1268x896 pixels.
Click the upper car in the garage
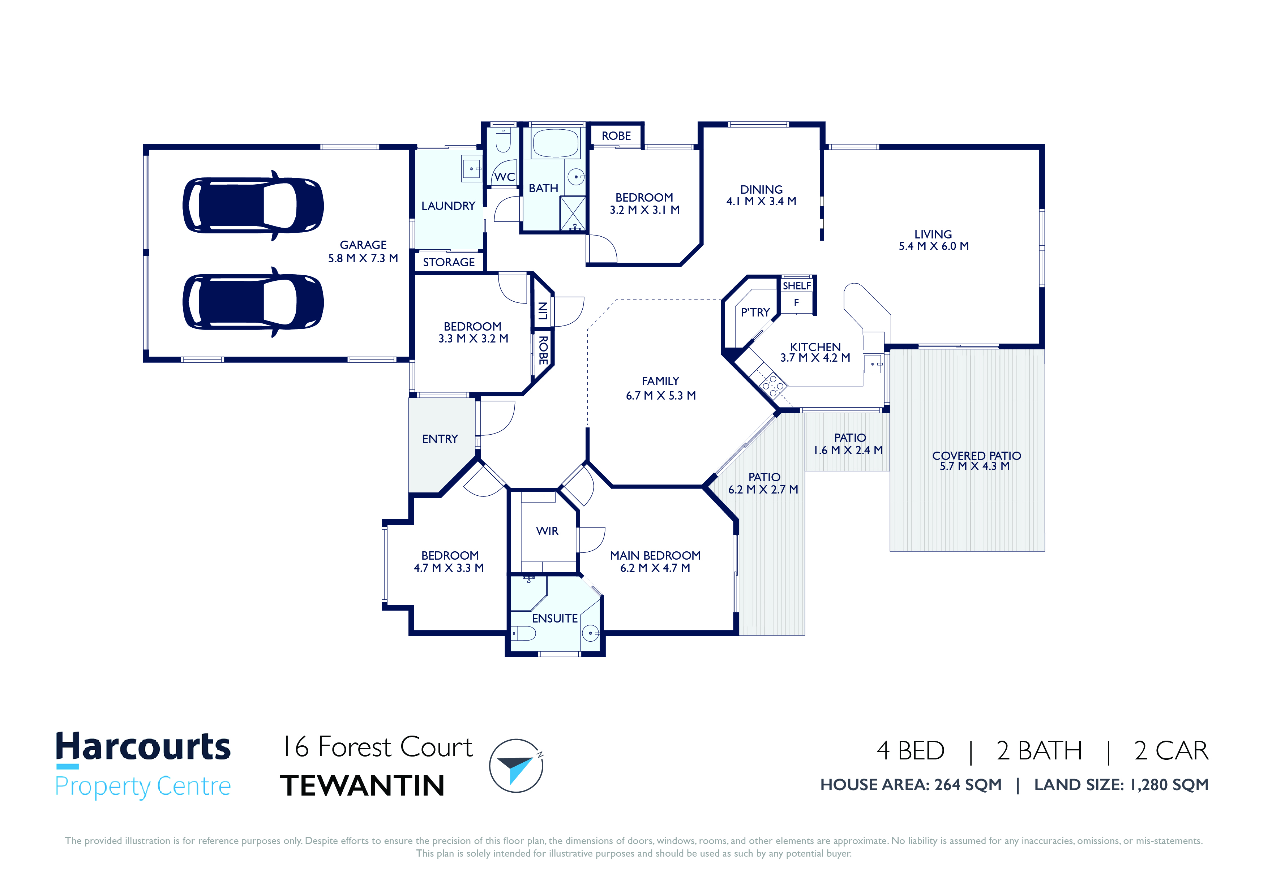click(253, 205)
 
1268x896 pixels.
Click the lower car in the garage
click(253, 302)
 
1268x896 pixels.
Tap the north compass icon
click(517, 766)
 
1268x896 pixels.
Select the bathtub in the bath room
click(555, 143)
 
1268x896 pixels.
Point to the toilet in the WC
click(502, 140)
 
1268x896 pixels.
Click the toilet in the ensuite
click(523, 633)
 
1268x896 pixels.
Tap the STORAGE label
click(449, 262)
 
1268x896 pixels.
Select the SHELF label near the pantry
click(796, 286)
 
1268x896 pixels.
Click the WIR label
click(547, 531)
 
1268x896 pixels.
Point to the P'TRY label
click(755, 313)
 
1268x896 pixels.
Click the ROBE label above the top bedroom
click(616, 136)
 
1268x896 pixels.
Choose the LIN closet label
click(543, 311)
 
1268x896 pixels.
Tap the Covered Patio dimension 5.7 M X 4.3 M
click(975, 466)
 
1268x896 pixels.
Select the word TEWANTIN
click(362, 785)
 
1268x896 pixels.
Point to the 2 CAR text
click(1171, 751)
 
